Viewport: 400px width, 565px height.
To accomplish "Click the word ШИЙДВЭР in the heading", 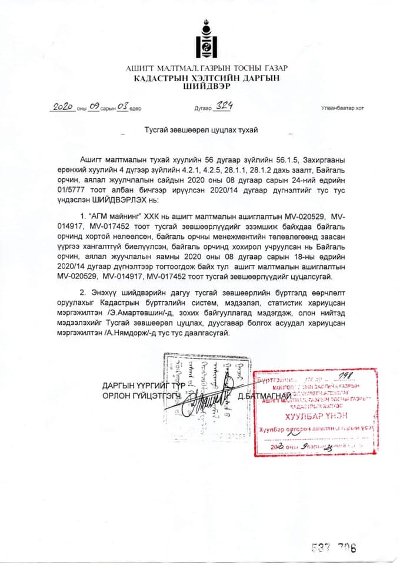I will click(205, 85).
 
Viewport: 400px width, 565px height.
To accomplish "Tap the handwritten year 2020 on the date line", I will click(62, 107).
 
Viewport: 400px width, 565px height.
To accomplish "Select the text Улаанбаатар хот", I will click(342, 108).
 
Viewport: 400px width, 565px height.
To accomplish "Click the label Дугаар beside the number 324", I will click(202, 109).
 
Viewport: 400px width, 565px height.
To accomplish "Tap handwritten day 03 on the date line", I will click(122, 107).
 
